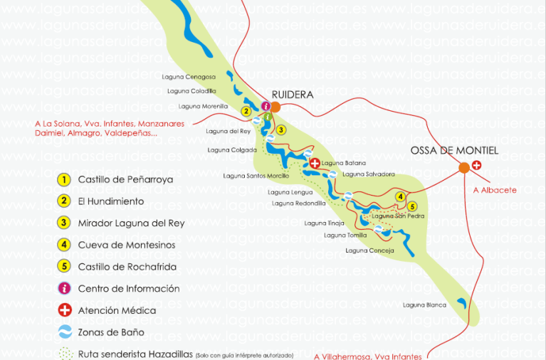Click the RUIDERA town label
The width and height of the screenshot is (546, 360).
click(x=293, y=94)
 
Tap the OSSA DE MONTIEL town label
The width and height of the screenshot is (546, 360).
click(x=454, y=151)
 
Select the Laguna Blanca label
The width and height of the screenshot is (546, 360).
click(x=424, y=305)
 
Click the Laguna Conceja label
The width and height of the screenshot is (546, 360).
click(x=369, y=250)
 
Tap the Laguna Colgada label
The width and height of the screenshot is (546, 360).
click(x=227, y=150)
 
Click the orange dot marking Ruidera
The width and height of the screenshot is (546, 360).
click(x=275, y=107)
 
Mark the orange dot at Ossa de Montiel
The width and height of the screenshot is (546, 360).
click(x=463, y=167)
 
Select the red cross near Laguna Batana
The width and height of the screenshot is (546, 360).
click(x=315, y=163)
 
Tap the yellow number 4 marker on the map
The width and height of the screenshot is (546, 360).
click(x=401, y=196)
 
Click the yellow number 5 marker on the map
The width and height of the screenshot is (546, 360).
click(x=412, y=206)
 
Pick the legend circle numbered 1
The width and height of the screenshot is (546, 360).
click(x=65, y=179)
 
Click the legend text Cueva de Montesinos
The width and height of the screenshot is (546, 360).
click(x=126, y=245)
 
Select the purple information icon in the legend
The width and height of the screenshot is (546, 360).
click(x=65, y=288)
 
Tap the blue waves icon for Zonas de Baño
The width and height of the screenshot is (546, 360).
click(x=65, y=332)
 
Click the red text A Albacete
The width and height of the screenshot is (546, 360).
click(x=495, y=190)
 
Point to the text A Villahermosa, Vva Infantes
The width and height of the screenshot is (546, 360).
click(x=368, y=356)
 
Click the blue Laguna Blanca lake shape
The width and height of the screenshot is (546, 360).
click(x=462, y=303)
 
